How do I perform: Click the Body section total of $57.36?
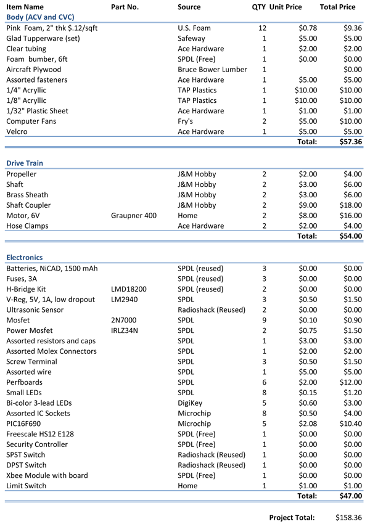pos(350,142)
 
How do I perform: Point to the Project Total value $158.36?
pos(349,517)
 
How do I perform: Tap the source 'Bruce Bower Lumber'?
pos(212,70)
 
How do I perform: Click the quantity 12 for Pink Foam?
pos(264,28)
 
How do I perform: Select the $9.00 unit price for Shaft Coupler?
pos(306,205)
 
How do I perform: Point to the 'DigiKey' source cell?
pos(192,403)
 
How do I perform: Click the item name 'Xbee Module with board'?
pos(47,475)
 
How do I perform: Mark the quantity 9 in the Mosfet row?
pos(264,320)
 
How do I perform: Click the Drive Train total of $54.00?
pos(350,236)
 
